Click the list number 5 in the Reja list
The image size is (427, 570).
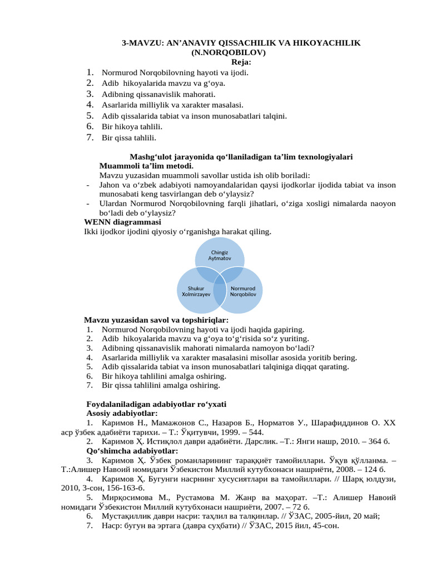[89, 116]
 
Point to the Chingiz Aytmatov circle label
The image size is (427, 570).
[219, 255]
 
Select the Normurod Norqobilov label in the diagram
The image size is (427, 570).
[243, 292]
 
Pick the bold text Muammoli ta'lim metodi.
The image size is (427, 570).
[146, 166]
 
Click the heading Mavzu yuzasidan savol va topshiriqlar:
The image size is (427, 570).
[156, 320]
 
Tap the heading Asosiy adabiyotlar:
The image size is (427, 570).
[122, 414]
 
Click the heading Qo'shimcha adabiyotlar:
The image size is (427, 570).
[132, 450]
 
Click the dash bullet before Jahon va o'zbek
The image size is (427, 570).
[89, 185]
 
